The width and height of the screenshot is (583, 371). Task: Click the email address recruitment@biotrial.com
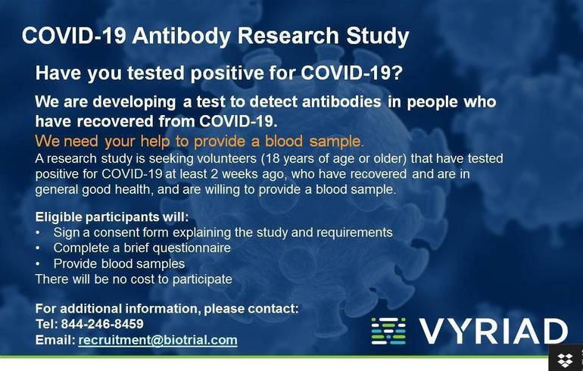[157, 341]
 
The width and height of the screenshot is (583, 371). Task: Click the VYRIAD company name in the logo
[493, 332]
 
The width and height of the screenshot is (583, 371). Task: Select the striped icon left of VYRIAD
[388, 332]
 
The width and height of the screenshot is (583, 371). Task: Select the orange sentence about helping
[199, 141]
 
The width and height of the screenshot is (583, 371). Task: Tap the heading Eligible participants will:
[112, 216]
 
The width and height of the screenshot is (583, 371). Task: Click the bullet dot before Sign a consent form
[39, 232]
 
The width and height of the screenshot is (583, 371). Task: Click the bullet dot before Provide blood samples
[39, 263]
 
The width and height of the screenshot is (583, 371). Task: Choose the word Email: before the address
[55, 341]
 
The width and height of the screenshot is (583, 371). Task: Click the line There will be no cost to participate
[133, 279]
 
